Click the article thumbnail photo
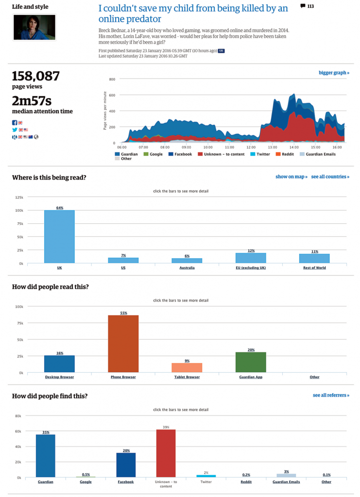[34, 27]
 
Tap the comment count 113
[307, 6]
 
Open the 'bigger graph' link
[334, 73]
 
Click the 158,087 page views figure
[36, 76]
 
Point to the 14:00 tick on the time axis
[293, 147]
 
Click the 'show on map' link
[291, 177]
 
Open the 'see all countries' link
[330, 177]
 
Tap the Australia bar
[187, 261]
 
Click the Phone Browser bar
[123, 344]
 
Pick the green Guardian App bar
[251, 362]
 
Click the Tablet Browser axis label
[187, 377]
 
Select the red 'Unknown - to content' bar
[166, 453]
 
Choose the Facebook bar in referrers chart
[126, 465]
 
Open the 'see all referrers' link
[331, 396]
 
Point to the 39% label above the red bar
[166, 427]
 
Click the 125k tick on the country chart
[19, 197]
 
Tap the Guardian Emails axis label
[286, 482]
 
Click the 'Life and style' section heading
[30, 7]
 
